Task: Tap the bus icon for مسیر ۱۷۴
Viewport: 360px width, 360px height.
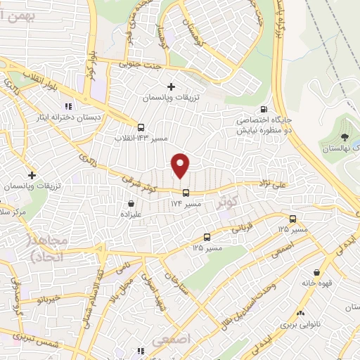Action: (186, 193)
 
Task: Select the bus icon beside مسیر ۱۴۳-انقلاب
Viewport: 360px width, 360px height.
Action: (141, 128)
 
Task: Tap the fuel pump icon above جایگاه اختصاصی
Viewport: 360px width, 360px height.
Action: (263, 109)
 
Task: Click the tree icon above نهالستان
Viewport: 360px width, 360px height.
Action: (345, 138)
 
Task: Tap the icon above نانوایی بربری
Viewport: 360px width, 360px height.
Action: (300, 313)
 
